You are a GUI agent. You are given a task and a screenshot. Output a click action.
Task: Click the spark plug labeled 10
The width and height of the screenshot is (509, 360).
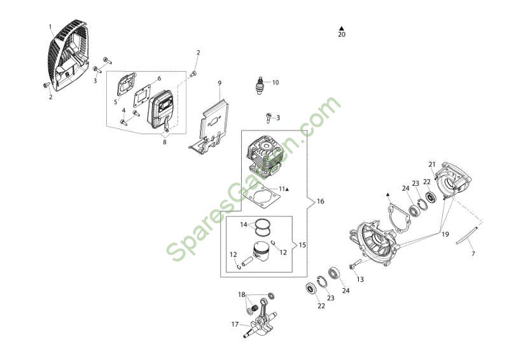coord(260,85)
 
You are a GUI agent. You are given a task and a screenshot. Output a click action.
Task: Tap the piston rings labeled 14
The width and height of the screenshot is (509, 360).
coord(263,227)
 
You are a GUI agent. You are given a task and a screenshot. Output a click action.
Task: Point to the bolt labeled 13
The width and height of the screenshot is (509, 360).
coord(356,263)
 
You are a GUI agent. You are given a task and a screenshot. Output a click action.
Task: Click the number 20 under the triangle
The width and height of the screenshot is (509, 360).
coord(342,34)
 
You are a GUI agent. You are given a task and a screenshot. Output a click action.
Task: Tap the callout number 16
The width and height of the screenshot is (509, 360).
coord(320,201)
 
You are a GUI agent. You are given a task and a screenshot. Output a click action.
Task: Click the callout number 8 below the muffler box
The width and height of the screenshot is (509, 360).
coord(165,142)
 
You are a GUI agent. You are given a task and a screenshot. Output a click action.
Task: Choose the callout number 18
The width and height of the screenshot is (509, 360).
coord(242,294)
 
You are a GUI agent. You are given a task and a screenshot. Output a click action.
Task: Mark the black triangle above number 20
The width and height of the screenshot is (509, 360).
coord(342,28)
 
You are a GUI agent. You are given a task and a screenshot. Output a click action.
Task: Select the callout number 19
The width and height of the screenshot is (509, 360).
coord(445,234)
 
